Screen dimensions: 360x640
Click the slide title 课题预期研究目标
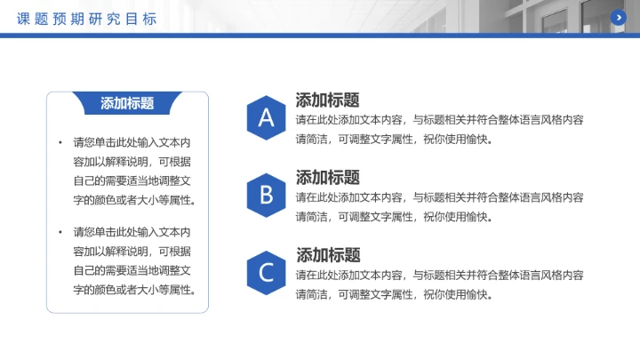click(87, 18)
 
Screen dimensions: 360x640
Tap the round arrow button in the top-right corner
click(619, 17)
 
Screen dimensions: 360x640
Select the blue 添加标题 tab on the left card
click(127, 103)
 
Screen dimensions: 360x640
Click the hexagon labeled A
click(266, 118)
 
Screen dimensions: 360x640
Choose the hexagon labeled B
click(266, 195)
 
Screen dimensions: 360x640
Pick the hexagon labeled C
click(266, 272)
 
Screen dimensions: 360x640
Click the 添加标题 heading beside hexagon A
click(327, 100)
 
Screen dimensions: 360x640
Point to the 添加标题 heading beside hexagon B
click(327, 177)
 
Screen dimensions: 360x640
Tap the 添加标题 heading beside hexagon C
click(327, 255)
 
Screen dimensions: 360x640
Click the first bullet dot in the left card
click(60, 142)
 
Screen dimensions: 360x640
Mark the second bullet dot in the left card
click(60, 232)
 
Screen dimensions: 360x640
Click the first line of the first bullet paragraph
click(132, 142)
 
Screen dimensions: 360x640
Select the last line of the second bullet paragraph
click(134, 290)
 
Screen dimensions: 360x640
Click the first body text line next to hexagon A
click(439, 120)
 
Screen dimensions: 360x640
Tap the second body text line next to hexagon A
click(394, 140)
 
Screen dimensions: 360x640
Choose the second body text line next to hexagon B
click(394, 217)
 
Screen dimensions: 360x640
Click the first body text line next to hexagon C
click(439, 275)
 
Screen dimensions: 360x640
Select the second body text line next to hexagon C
click(394, 294)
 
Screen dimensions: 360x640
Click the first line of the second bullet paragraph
click(132, 232)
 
